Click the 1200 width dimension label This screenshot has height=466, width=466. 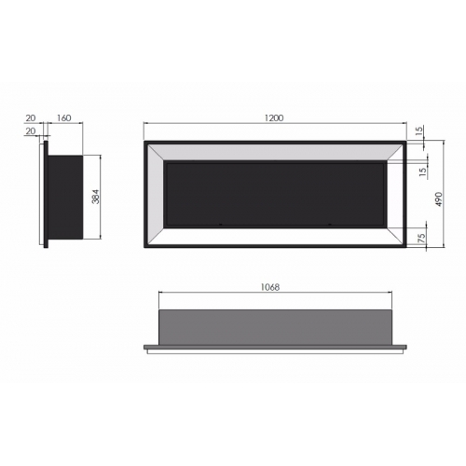tap(274, 118)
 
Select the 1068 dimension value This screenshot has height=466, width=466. tap(269, 287)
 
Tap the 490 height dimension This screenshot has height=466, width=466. tap(438, 199)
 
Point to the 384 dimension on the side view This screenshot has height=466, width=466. tap(96, 197)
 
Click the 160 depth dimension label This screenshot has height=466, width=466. tap(64, 118)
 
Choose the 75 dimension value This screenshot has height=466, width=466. tap(421, 238)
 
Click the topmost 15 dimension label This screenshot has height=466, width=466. tap(419, 131)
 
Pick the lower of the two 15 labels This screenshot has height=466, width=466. tap(423, 172)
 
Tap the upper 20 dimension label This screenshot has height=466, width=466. tap(31, 118)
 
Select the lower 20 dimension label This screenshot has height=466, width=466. tap(31, 131)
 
